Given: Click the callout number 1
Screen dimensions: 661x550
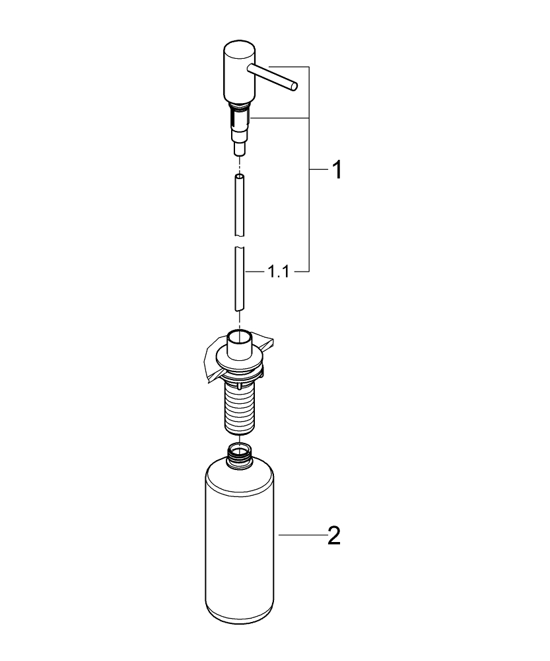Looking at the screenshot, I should point(336,171).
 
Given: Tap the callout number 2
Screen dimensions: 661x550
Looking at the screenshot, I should point(334,535).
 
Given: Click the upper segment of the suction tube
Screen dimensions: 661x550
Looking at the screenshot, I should point(240,205).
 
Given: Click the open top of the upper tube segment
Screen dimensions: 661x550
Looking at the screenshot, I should point(240,176).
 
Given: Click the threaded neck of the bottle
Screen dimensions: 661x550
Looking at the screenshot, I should point(239,455).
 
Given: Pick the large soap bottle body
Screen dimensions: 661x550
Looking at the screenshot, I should point(239,542).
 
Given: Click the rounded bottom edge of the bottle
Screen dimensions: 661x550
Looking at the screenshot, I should point(239,621).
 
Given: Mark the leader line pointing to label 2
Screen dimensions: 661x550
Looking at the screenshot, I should point(300,535).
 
